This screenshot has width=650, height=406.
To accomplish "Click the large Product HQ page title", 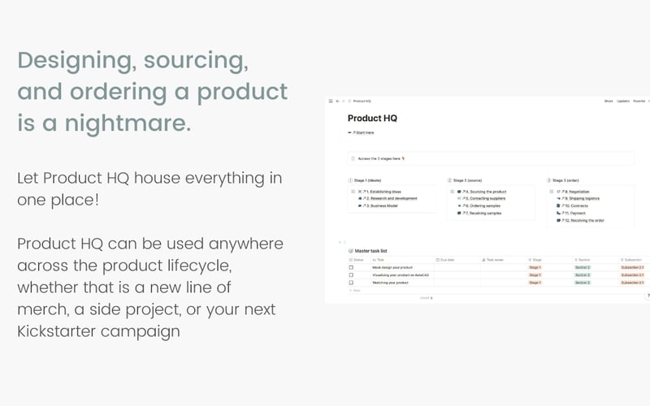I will coord(372,119).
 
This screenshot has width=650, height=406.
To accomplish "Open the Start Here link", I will coord(362,132).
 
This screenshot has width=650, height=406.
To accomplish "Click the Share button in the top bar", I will coord(608,101).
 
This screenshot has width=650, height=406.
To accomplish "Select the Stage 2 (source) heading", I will coord(469,179).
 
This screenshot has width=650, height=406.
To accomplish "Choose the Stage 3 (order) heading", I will coord(569,179).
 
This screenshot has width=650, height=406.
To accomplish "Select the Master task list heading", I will coord(372,252).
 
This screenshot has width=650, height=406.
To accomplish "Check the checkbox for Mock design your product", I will coord(351,267).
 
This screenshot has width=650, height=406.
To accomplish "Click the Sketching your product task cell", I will coord(390,283).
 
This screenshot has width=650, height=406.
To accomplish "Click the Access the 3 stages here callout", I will coord(380,159).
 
